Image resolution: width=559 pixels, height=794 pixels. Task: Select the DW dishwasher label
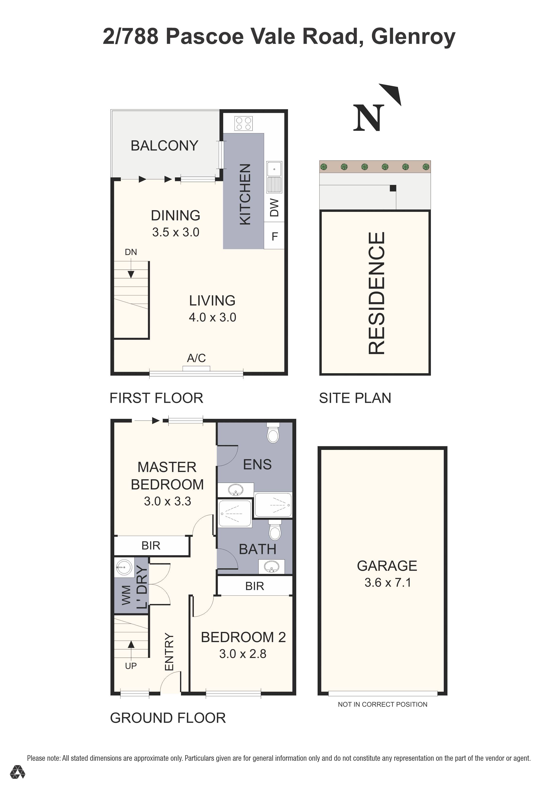point(274,207)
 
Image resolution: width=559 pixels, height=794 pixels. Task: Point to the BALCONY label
point(164,146)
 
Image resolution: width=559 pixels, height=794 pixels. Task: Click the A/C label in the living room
point(196,358)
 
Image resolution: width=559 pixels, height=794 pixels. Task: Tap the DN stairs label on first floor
point(131,252)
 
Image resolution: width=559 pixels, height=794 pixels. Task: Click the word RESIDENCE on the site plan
point(377,293)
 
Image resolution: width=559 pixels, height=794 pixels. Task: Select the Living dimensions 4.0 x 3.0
point(212,317)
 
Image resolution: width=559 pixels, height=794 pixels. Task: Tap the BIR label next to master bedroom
point(151,545)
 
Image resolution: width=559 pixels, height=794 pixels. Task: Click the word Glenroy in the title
point(413,36)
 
